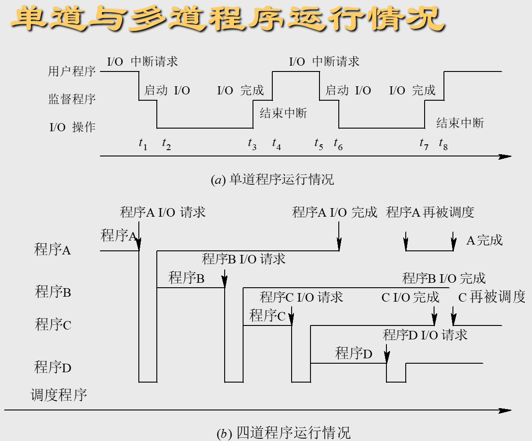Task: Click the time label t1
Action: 143,144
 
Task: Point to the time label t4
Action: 276,144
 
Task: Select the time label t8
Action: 443,144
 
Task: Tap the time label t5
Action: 319,144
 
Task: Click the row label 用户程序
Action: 72,71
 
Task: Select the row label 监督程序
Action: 72,99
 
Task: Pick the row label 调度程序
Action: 58,396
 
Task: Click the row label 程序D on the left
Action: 53,368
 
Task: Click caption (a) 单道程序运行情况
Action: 273,180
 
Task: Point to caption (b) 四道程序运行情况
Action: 283,433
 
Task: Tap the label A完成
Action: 484,241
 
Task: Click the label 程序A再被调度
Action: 430,212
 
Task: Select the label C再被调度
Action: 492,297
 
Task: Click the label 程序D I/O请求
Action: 425,335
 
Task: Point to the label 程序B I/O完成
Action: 444,278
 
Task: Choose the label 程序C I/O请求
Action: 301,297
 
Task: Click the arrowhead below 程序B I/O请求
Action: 225,282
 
